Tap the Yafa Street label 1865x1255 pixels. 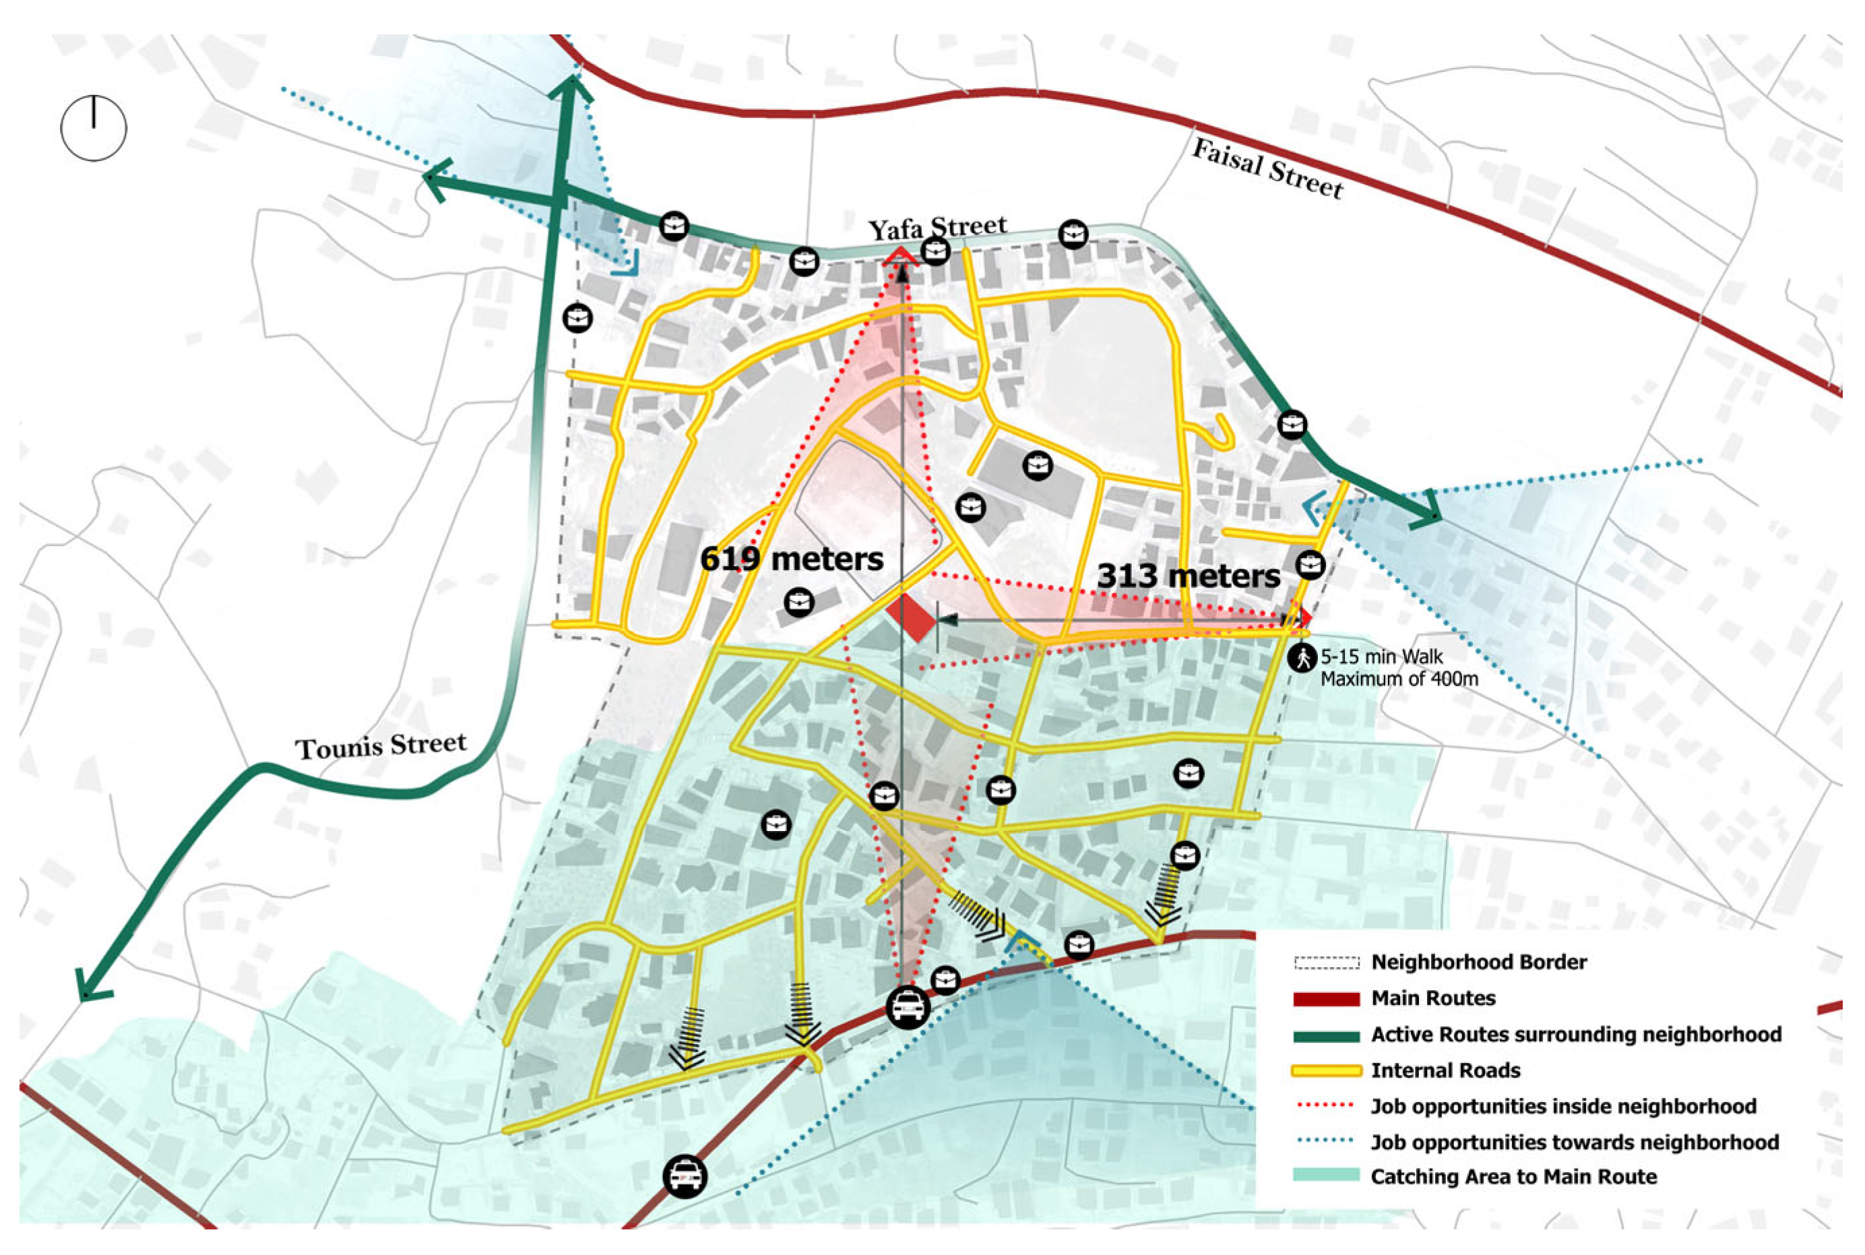tap(937, 228)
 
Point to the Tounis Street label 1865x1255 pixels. tap(381, 746)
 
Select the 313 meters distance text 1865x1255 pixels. tap(1188, 576)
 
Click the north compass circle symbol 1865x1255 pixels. tap(94, 128)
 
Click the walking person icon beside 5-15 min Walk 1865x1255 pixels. tap(1302, 658)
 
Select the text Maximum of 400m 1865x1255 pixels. tap(1399, 679)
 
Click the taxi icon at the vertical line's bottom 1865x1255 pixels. tap(908, 1006)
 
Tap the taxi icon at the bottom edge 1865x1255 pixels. tap(685, 1177)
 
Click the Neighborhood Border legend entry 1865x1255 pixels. tap(1478, 962)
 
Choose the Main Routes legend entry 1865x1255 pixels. tap(1432, 998)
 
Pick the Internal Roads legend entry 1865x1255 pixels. tap(1445, 1070)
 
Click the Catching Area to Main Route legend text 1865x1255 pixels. tap(1513, 1177)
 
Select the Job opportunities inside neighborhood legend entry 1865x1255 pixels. tap(1562, 1106)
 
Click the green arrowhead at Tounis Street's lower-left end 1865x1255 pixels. tap(90, 987)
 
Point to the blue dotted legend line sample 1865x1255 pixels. tap(1326, 1141)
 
